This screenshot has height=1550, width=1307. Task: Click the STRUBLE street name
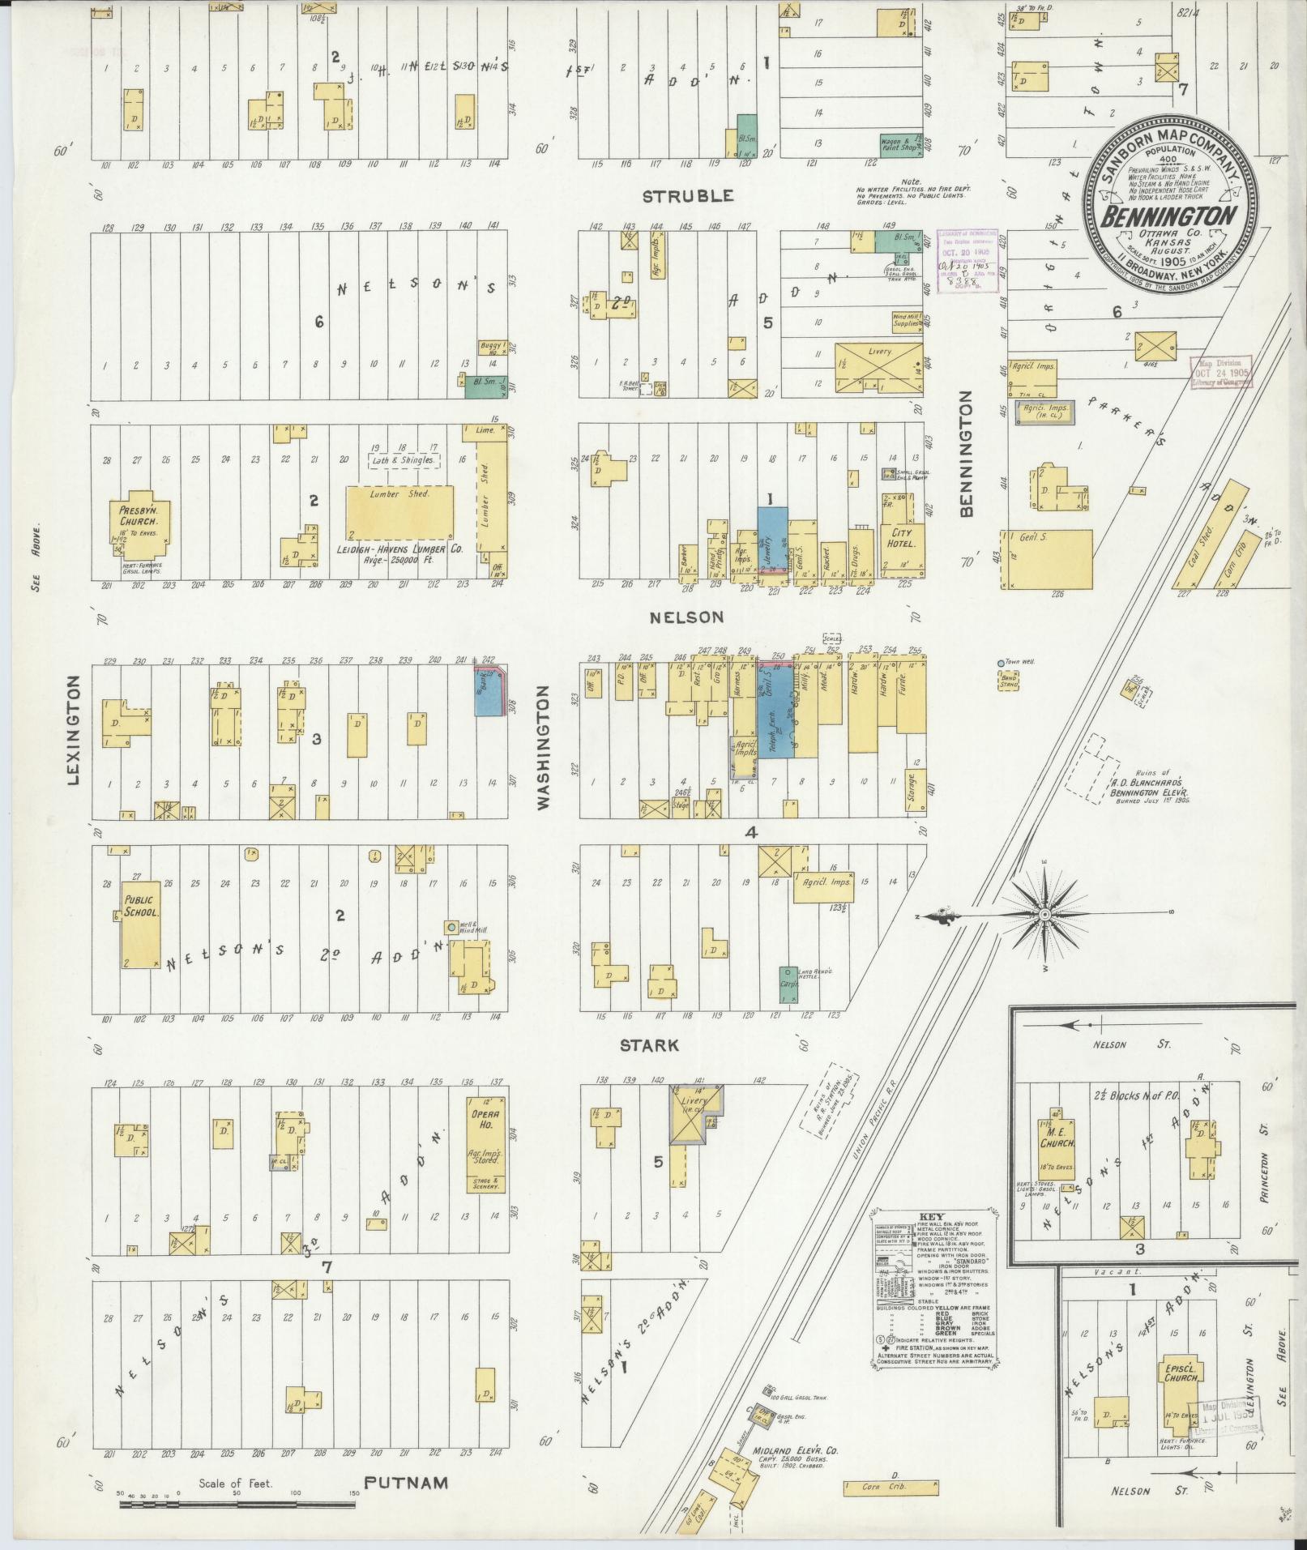coord(688,195)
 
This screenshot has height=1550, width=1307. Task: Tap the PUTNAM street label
coord(405,1484)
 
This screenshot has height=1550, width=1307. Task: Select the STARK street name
coord(648,1045)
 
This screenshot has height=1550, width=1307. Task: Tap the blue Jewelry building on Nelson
coord(771,539)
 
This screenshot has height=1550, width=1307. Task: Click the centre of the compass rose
coord(1044,914)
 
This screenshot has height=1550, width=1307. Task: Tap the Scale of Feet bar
coord(237,1505)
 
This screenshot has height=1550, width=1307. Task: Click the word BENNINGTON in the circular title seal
coord(1168,216)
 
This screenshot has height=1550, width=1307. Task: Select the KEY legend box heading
coord(935,1217)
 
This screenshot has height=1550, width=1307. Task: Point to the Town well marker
coord(1000,663)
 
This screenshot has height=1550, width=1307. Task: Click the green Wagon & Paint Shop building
coord(901,144)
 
